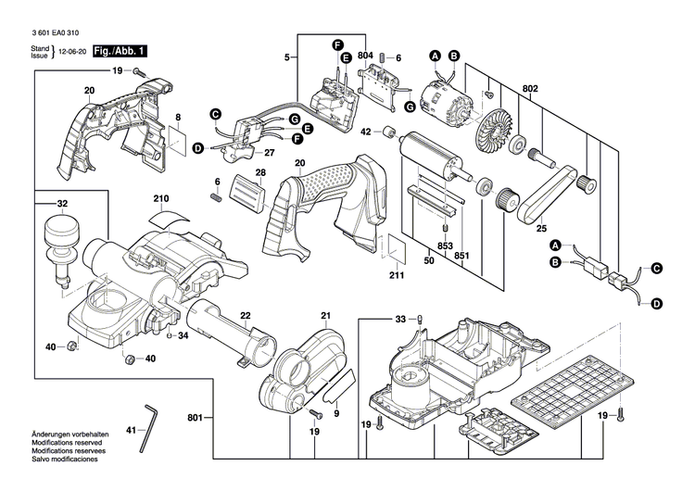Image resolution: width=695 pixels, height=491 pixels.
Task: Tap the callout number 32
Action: click(62, 203)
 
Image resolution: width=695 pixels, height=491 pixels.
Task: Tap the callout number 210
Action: click(161, 199)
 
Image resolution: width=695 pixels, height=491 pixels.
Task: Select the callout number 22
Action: click(246, 316)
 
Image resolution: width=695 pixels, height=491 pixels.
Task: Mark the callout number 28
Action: click(260, 173)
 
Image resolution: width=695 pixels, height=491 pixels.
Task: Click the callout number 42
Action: click(366, 132)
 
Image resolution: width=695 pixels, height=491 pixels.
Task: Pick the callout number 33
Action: click(400, 319)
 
